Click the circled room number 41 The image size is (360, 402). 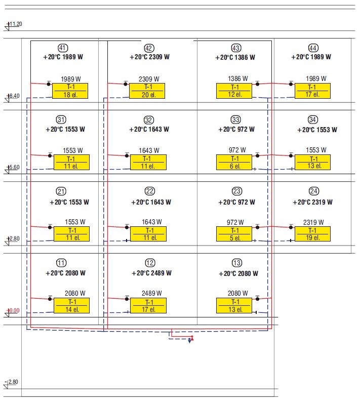[x=63, y=48]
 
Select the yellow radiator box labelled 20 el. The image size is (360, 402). [x=147, y=91]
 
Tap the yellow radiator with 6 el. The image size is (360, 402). [x=234, y=163]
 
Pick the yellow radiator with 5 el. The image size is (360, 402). [x=234, y=234]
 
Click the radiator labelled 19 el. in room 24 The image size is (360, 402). [x=312, y=234]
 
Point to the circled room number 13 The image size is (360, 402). [x=236, y=263]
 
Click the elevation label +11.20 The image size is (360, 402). [x=15, y=24]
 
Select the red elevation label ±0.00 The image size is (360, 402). [x=13, y=310]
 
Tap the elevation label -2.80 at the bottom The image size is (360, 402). [x=12, y=382]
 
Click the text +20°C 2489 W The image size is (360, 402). [x=151, y=273]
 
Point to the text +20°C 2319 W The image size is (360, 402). [x=312, y=203]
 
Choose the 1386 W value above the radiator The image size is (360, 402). [x=238, y=78]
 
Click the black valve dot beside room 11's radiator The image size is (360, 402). [x=50, y=299]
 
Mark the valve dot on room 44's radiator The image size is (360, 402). [x=291, y=84]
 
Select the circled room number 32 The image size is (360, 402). [x=149, y=120]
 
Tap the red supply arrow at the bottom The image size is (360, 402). [x=192, y=338]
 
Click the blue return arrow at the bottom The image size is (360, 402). [x=189, y=340]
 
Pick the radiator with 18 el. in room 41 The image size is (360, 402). [x=70, y=91]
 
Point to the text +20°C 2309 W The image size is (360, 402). [x=149, y=57]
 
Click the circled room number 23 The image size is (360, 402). [x=236, y=191]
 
